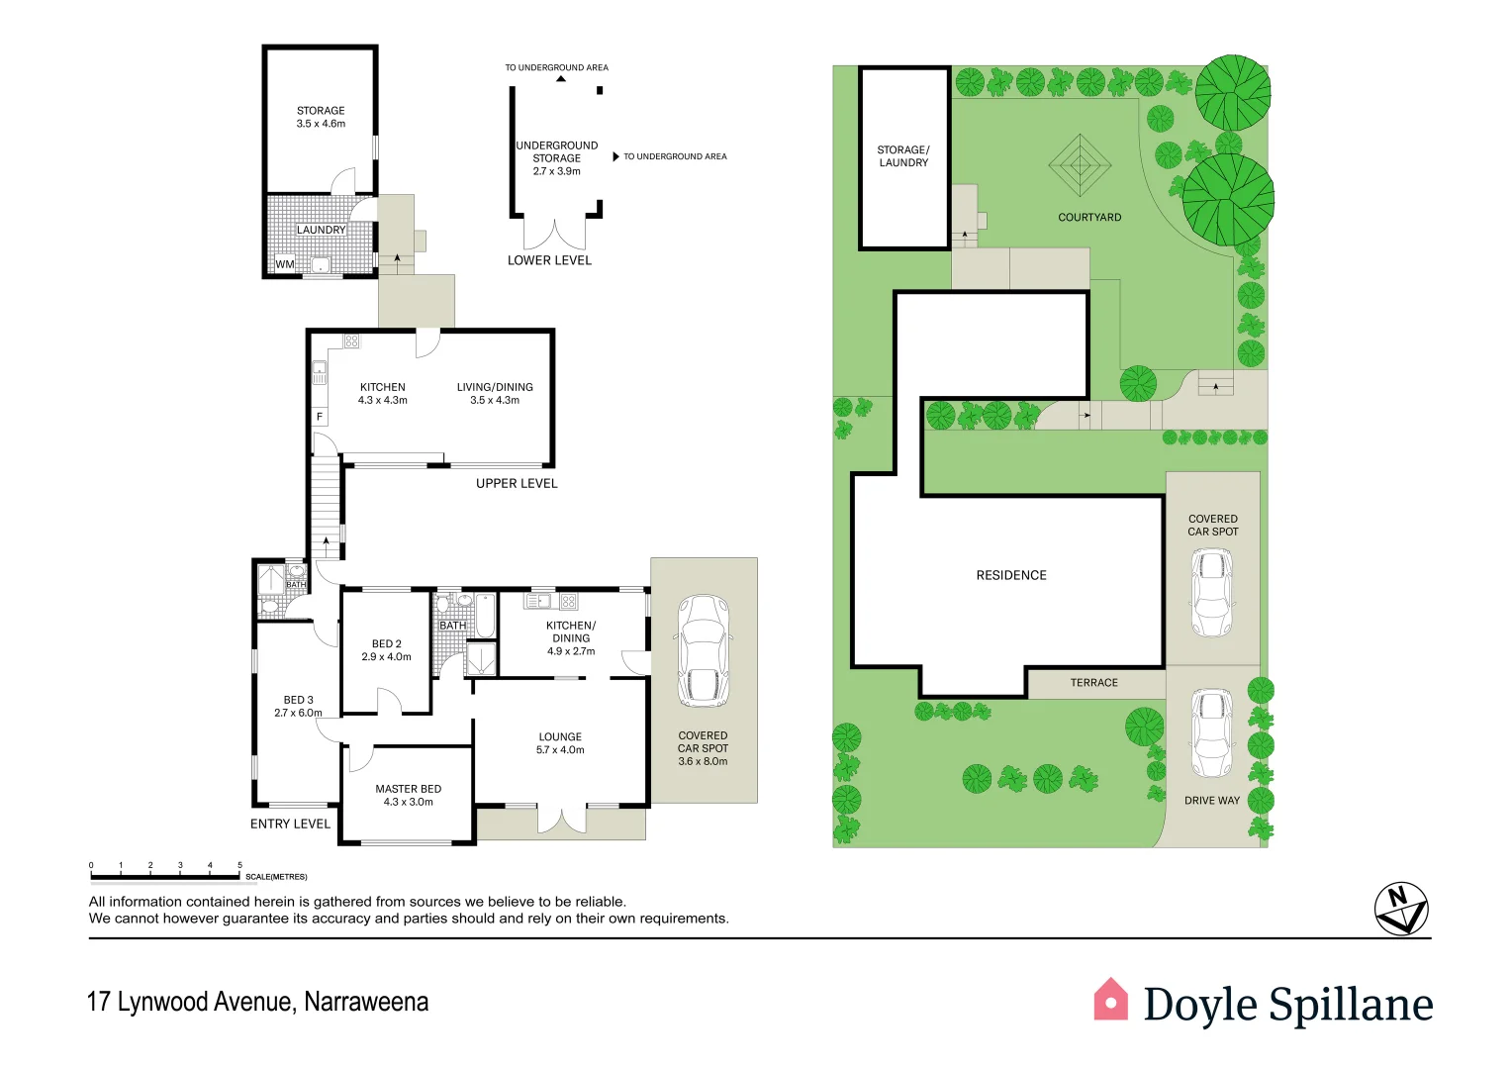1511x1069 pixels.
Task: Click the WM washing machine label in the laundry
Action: (285, 264)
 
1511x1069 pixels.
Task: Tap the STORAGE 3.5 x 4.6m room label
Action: (321, 117)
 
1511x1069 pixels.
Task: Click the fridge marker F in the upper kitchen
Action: (320, 417)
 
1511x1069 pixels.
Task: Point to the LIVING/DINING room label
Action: (495, 393)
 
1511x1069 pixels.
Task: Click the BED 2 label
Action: (386, 649)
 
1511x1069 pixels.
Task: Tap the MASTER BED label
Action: (408, 795)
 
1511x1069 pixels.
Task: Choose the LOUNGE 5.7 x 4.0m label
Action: (560, 742)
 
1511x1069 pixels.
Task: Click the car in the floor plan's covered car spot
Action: (704, 650)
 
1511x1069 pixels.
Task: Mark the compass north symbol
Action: (1401, 909)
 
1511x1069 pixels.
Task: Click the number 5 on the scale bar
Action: (239, 865)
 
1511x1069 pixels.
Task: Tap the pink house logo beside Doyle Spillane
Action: (1110, 1000)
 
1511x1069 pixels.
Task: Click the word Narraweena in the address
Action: (366, 1002)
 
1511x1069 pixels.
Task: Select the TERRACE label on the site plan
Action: (1093, 683)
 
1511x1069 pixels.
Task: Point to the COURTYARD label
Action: (1089, 217)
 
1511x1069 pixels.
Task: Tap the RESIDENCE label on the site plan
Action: (1011, 575)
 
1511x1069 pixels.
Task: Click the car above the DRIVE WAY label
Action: (1212, 733)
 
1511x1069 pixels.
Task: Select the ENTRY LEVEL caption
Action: (290, 824)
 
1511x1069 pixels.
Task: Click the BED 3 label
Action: (298, 706)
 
